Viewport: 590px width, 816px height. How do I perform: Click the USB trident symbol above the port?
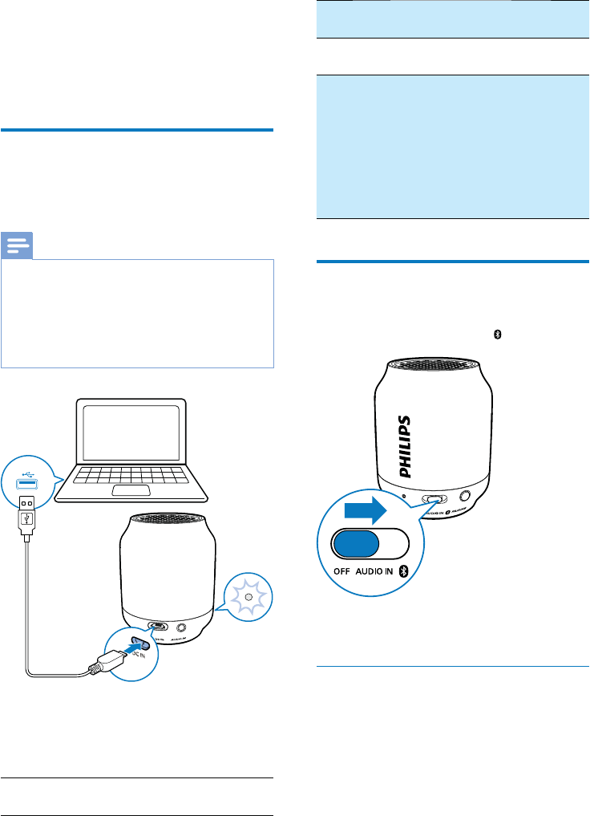pyautogui.click(x=27, y=465)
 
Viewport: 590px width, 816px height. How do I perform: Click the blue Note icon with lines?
pyautogui.click(x=18, y=244)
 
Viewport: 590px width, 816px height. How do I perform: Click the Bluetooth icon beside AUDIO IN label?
pyautogui.click(x=405, y=570)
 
